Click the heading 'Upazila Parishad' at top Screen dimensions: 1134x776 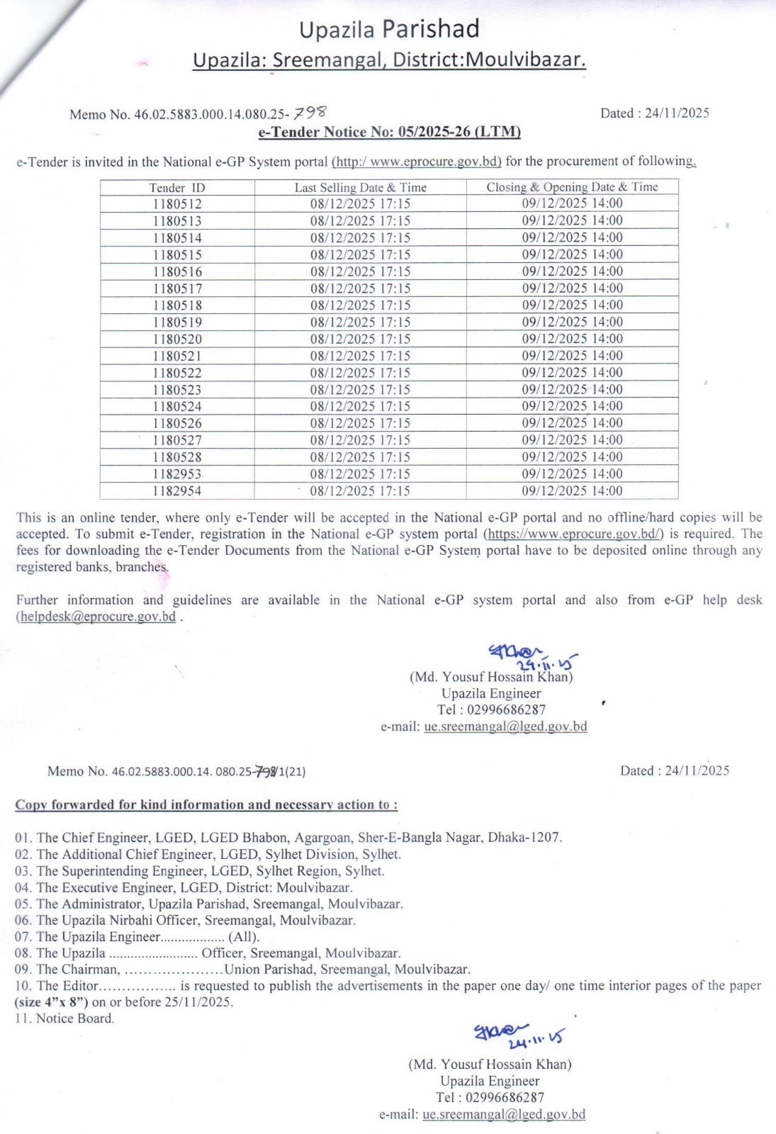[x=389, y=30]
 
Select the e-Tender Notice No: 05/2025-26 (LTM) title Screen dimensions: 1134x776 [x=389, y=132]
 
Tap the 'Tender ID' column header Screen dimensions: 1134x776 [x=177, y=188]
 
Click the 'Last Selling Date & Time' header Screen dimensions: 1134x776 [x=360, y=188]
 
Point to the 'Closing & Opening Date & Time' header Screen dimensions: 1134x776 [x=572, y=187]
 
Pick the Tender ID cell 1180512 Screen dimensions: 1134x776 [x=177, y=204]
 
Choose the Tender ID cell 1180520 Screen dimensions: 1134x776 [x=177, y=339]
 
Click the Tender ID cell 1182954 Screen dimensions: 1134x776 [x=177, y=491]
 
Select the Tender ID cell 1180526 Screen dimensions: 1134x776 [x=177, y=424]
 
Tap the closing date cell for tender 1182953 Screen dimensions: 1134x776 [x=572, y=474]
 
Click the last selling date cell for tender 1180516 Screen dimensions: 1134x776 [x=360, y=271]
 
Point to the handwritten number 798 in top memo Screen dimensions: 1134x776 [x=310, y=112]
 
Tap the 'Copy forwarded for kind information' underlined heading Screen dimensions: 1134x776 [x=206, y=805]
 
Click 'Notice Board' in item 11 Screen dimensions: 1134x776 [x=74, y=1019]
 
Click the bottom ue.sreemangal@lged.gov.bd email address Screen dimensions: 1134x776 [x=504, y=1115]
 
